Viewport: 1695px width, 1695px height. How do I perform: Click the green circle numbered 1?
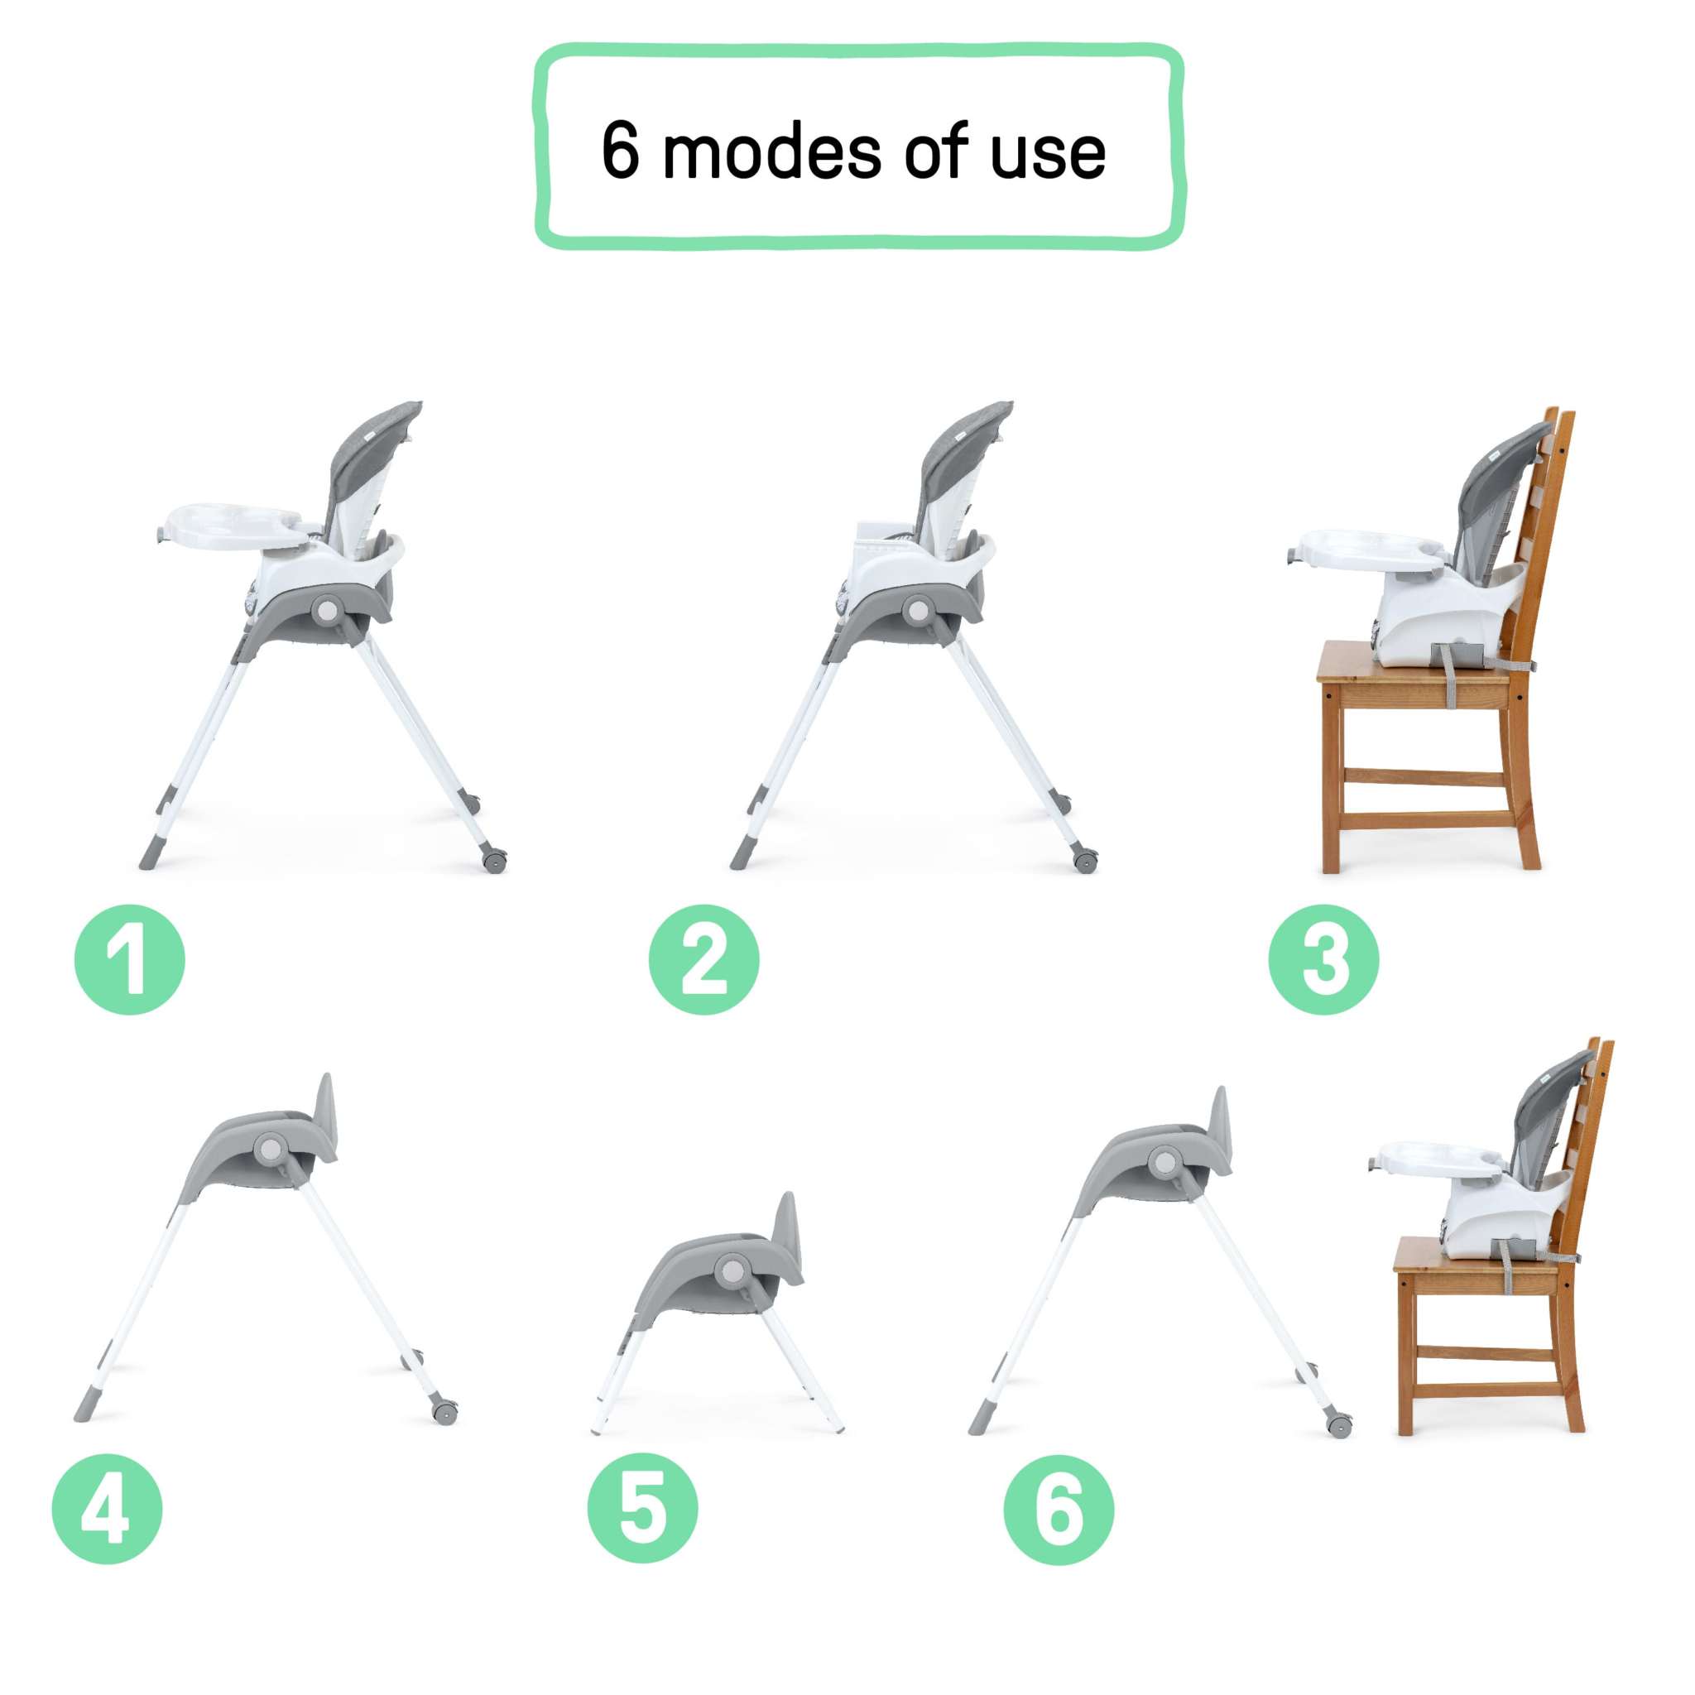(x=130, y=960)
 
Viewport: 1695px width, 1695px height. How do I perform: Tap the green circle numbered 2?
(x=703, y=960)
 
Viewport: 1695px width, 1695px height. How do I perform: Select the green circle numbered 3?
(x=1324, y=960)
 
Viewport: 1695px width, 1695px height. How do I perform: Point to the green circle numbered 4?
(x=107, y=1509)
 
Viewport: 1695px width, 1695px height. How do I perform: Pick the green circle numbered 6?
(x=1059, y=1509)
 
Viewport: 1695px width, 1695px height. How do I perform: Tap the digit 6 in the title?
(x=620, y=150)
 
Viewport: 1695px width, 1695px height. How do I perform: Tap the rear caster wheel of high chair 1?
(x=494, y=861)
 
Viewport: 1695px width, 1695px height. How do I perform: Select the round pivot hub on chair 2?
(x=919, y=610)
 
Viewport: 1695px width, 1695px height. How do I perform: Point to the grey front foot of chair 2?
(x=742, y=857)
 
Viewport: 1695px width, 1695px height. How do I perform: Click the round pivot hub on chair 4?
(x=270, y=1149)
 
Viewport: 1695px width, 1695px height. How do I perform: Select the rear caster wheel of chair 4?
(x=444, y=1413)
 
